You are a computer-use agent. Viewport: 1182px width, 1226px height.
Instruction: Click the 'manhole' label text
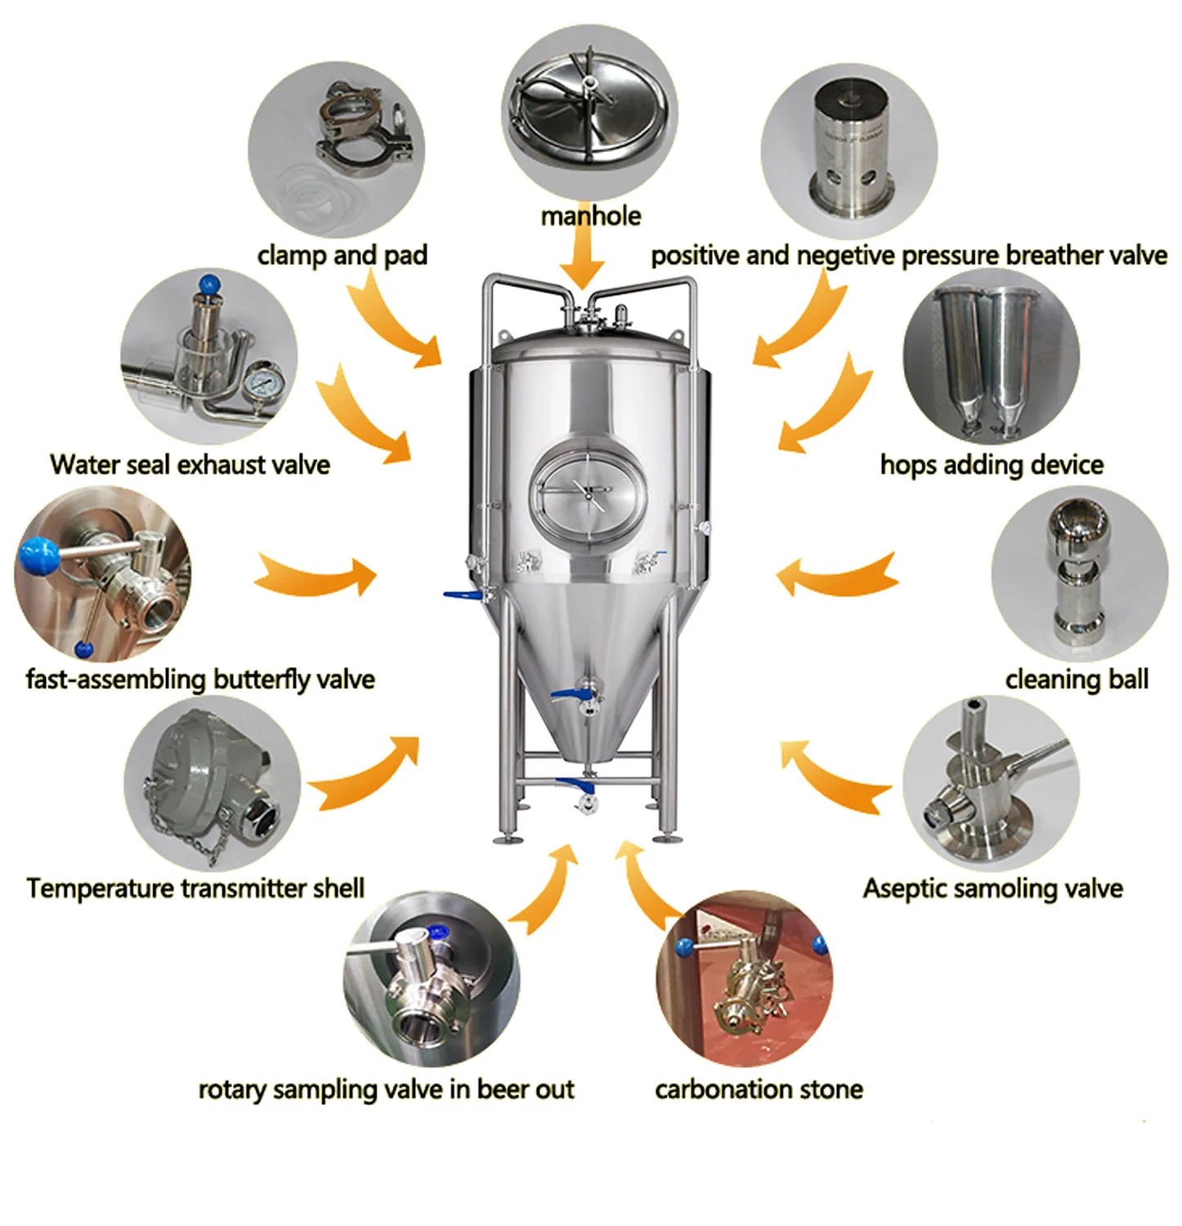pos(590,216)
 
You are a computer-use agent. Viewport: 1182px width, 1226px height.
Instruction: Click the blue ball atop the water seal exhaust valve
pos(209,284)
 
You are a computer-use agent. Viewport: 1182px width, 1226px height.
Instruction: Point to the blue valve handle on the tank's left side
pos(461,596)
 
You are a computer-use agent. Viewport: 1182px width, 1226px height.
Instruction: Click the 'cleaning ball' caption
pos(1076,679)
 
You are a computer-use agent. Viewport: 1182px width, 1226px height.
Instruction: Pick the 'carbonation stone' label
pos(759,1090)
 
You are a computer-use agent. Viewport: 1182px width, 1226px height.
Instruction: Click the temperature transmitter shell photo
pos(211,787)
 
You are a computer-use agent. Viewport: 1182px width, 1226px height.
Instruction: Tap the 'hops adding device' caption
pos(991,465)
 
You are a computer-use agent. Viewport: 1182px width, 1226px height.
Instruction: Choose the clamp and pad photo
pos(336,150)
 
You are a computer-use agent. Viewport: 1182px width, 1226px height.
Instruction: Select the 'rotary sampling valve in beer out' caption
pos(386,1090)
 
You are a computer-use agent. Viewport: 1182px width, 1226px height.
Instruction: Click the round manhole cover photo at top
pos(589,111)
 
